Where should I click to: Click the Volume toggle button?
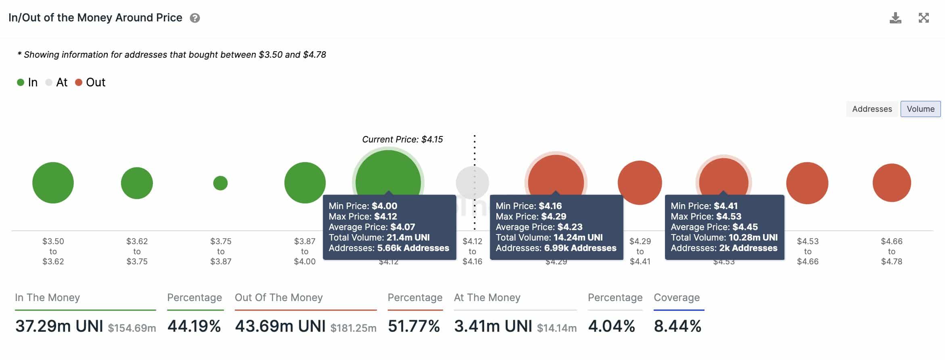coord(920,109)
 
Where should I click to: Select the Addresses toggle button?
coord(872,109)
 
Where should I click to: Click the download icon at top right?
coord(895,18)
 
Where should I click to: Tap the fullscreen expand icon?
coord(924,18)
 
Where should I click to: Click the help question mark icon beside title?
coord(195,18)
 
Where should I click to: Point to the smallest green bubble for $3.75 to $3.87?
coord(220,183)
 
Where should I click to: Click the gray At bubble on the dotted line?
coord(472,182)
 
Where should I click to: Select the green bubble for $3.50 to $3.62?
coord(53,183)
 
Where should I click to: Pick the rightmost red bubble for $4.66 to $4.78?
coord(891,183)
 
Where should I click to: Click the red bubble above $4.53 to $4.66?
coord(807,183)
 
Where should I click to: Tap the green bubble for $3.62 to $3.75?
coord(137,183)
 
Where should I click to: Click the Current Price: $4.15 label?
coord(402,140)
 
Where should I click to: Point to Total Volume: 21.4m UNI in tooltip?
coord(379,237)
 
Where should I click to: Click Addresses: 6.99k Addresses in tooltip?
coord(556,248)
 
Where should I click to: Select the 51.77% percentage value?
coord(414,326)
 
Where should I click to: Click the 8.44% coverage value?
coord(677,326)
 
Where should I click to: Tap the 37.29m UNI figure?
coord(59,326)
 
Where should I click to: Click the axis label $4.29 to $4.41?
coord(640,251)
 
